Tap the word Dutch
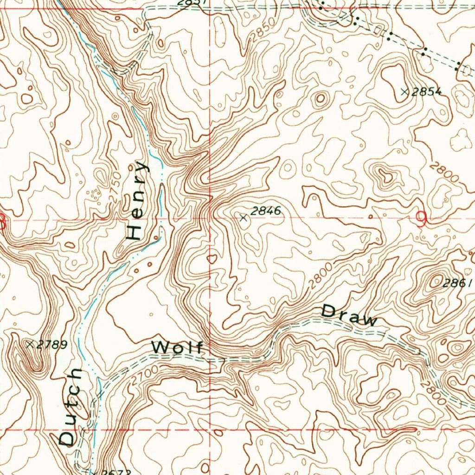71,407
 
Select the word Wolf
178,347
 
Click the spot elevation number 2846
266,211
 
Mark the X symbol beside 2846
244,217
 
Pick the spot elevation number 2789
52,344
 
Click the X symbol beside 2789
30,344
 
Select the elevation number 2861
458,283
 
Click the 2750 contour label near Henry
115,187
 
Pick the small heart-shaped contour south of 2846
212,258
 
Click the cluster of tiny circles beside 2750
94,195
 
